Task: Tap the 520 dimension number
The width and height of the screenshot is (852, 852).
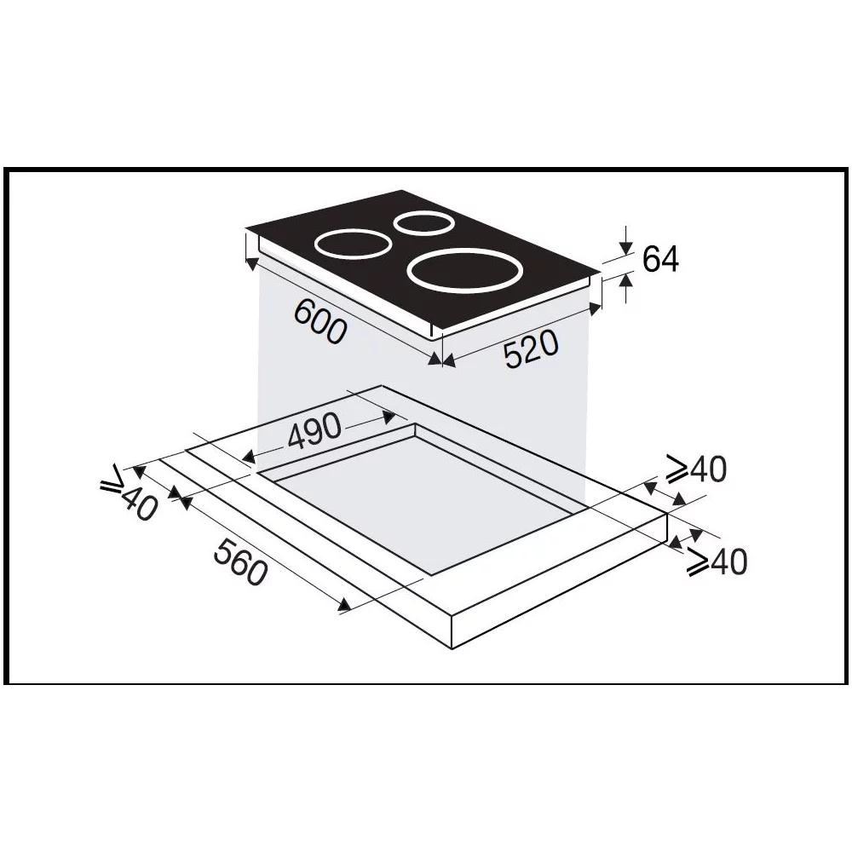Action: point(530,349)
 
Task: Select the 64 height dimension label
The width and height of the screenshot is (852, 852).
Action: point(660,259)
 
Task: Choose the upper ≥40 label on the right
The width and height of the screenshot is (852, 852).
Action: point(696,469)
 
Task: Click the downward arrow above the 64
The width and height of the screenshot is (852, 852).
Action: point(627,246)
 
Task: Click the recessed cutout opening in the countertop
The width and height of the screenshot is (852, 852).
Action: point(417,503)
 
